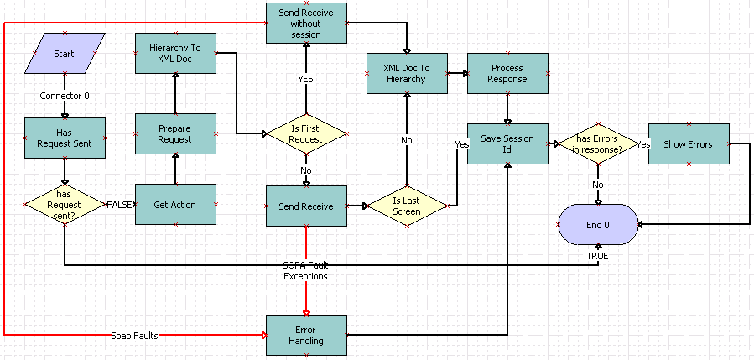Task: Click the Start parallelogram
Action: (65, 54)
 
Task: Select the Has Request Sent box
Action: (65, 138)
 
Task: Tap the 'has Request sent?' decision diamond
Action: (65, 204)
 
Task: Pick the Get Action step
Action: (175, 204)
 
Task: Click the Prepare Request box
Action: (175, 133)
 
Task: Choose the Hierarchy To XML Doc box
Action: (175, 54)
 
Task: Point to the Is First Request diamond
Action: (306, 134)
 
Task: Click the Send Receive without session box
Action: (306, 23)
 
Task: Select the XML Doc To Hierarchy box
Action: (407, 73)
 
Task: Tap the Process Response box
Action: (507, 73)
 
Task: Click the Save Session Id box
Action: (507, 143)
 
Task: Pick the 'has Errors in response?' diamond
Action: (597, 143)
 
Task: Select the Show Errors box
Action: (689, 143)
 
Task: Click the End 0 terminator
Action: (597, 225)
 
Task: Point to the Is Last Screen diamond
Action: (407, 205)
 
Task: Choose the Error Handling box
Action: (306, 335)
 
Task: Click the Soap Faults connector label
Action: (134, 336)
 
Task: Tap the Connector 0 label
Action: (65, 96)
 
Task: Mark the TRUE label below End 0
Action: (597, 255)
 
